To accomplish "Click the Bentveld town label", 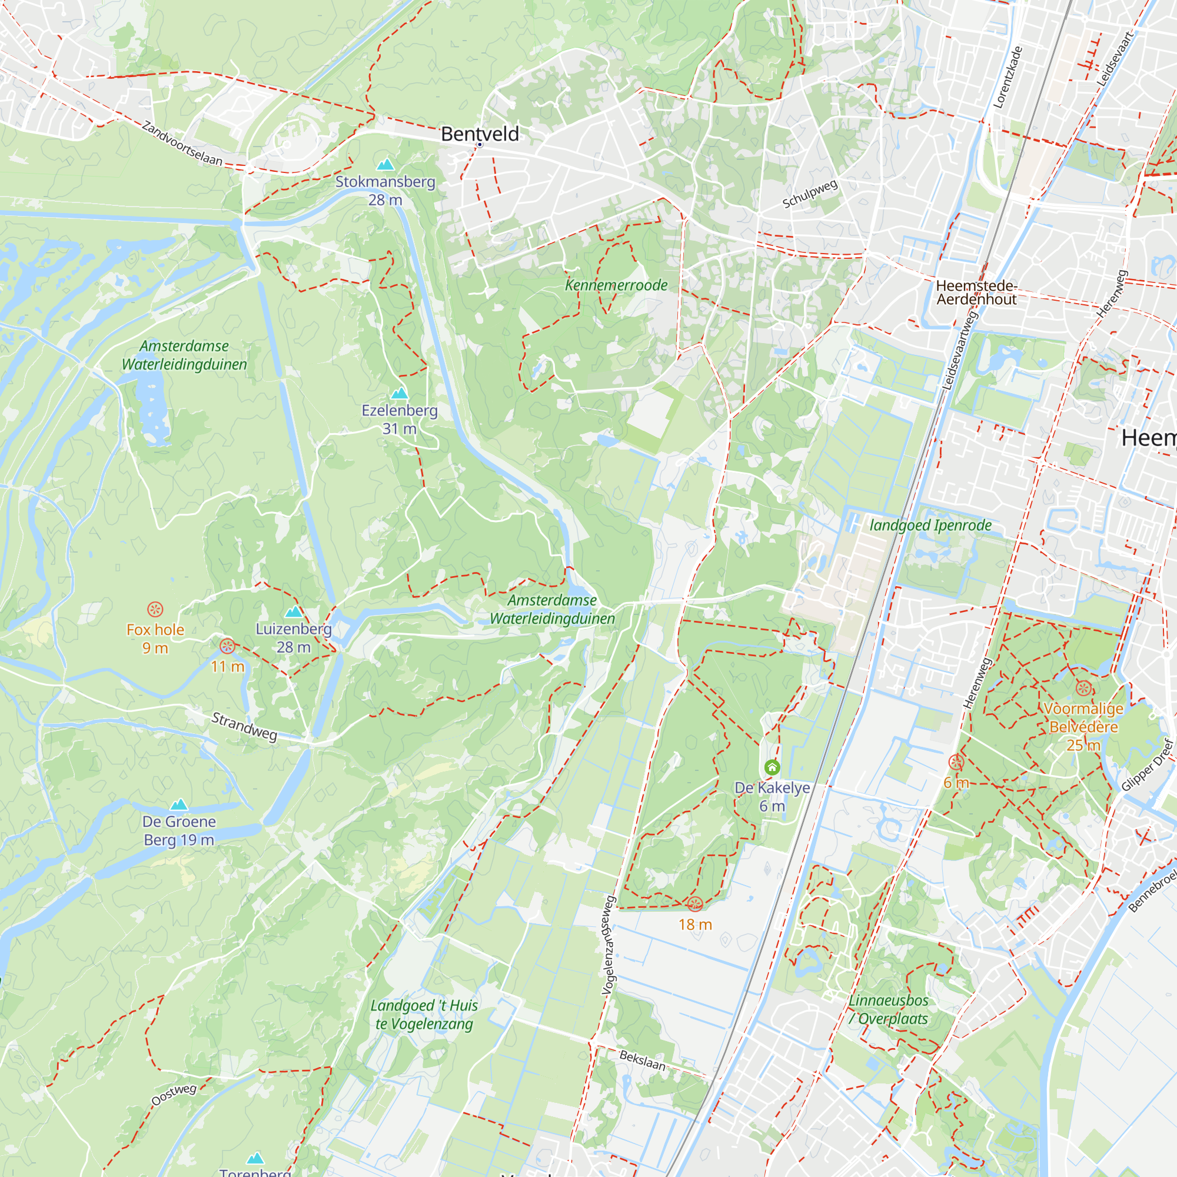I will coord(480,134).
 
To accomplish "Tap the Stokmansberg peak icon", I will coord(385,165).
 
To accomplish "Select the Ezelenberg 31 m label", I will coord(400,419).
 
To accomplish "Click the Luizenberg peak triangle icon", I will coord(294,611).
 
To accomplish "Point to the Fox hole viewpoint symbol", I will coord(155,609).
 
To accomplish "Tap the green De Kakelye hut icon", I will coord(772,767).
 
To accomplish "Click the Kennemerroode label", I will coord(616,285).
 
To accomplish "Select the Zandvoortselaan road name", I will coord(182,144).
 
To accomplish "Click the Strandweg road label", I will coord(244,726).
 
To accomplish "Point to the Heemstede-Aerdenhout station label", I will coord(976,292).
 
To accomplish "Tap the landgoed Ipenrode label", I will coord(930,525).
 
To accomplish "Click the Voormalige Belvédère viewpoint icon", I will coord(1083,689).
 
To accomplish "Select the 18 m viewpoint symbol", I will coord(695,904).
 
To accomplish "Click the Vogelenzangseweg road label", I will coord(609,946).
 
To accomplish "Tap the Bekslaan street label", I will coord(642,1060).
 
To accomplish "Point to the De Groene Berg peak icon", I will coord(178,804).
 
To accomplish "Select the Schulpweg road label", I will coord(810,194).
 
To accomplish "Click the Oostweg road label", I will coord(174,1094).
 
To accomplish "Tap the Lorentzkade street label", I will coord(1008,77).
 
